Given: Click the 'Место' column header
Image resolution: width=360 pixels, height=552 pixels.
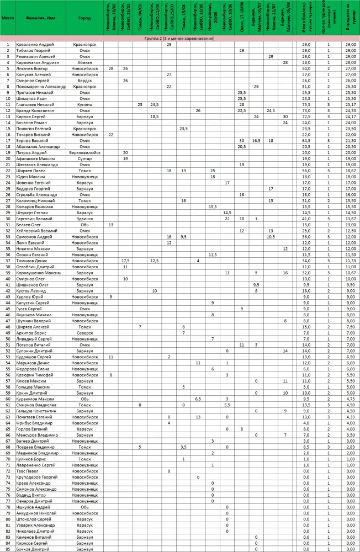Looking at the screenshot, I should (x=8, y=18).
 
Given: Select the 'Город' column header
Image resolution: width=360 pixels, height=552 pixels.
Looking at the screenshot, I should (x=84, y=18).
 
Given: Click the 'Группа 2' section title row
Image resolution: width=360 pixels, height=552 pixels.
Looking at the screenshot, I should (x=179, y=39).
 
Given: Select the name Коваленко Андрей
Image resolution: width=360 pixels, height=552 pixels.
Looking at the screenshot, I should (x=34, y=44).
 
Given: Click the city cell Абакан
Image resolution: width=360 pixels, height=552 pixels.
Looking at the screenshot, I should (x=84, y=63).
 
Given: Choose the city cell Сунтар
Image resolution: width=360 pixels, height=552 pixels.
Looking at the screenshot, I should (x=84, y=158).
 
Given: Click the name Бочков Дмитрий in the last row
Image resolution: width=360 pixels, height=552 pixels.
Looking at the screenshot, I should (x=33, y=548).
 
